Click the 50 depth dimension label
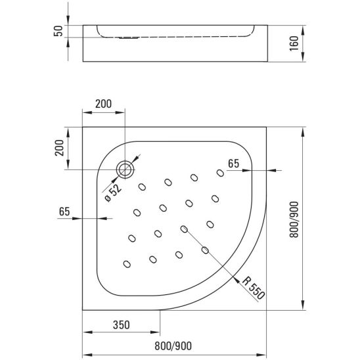click(x=58, y=32)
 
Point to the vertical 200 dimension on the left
click(x=59, y=150)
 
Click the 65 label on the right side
click(x=233, y=164)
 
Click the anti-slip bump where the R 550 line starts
click(x=184, y=229)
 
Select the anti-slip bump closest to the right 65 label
click(x=218, y=173)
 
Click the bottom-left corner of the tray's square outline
click(x=82, y=309)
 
